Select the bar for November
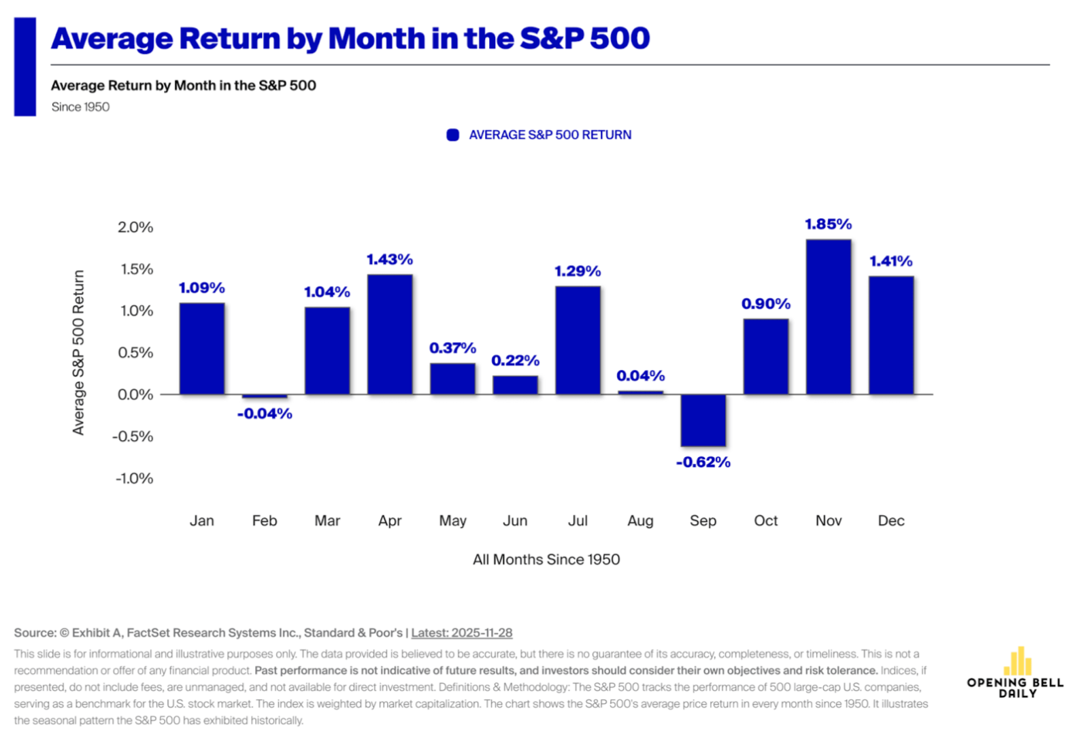coord(828,317)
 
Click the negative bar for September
coord(703,420)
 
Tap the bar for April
coord(390,335)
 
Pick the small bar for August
coord(640,392)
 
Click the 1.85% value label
coord(828,224)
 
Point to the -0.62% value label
coord(703,462)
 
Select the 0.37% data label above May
coord(452,348)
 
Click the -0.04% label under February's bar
coord(265,414)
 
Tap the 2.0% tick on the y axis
coord(135,227)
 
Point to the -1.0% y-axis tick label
coord(134,479)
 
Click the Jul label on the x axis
coord(578,521)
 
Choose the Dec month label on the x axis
coord(890,521)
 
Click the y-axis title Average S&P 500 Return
coord(79,352)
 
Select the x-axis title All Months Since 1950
coord(546,560)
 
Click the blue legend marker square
coord(452,135)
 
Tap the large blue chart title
coord(350,39)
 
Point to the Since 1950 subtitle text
coord(80,107)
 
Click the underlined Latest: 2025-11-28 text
coord(461,633)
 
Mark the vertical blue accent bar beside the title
coord(25,67)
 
